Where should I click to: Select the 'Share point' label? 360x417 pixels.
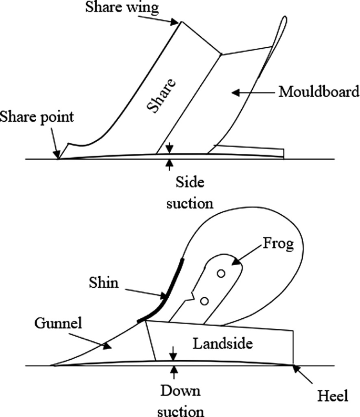point(37,117)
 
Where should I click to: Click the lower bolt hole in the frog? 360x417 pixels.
point(205,300)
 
